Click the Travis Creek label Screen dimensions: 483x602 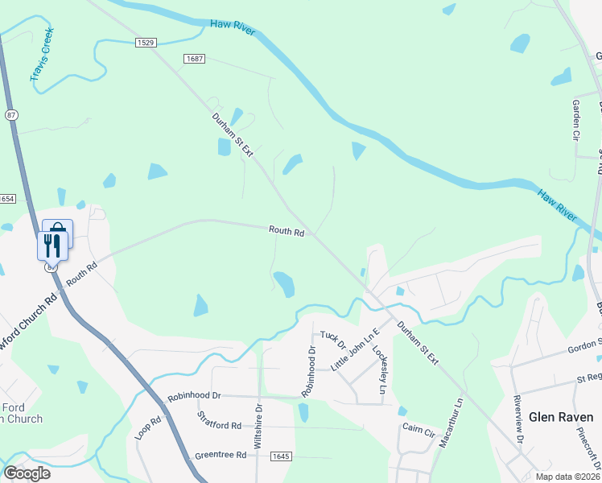[x=42, y=55]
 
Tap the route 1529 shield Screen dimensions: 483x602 [x=145, y=43]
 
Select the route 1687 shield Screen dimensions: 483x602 [x=194, y=59]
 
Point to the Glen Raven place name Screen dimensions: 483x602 [x=565, y=417]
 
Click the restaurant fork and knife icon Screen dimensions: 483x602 [x=52, y=245]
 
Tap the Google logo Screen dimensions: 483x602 [x=27, y=473]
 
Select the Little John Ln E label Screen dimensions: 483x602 [x=355, y=353]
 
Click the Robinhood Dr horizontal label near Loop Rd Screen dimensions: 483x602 [x=194, y=396]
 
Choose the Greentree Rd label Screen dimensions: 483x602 [x=220, y=455]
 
